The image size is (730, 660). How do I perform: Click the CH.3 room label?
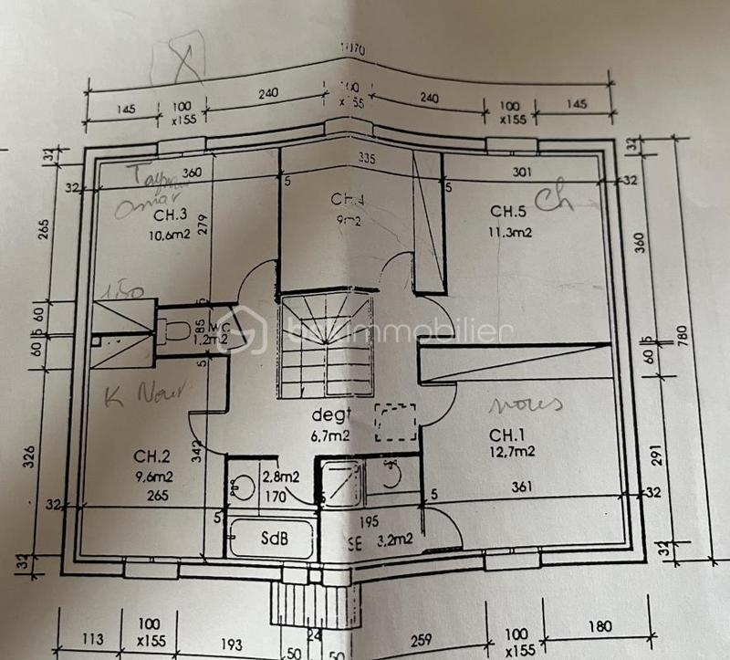170,215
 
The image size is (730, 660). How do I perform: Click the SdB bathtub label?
271,539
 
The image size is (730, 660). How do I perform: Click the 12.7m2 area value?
512,450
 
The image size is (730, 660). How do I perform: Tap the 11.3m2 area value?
510,232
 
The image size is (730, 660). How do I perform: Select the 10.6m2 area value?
170,233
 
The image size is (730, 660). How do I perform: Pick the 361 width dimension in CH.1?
522,486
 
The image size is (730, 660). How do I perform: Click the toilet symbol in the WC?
174,330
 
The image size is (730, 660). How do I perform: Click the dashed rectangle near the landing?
395,423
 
